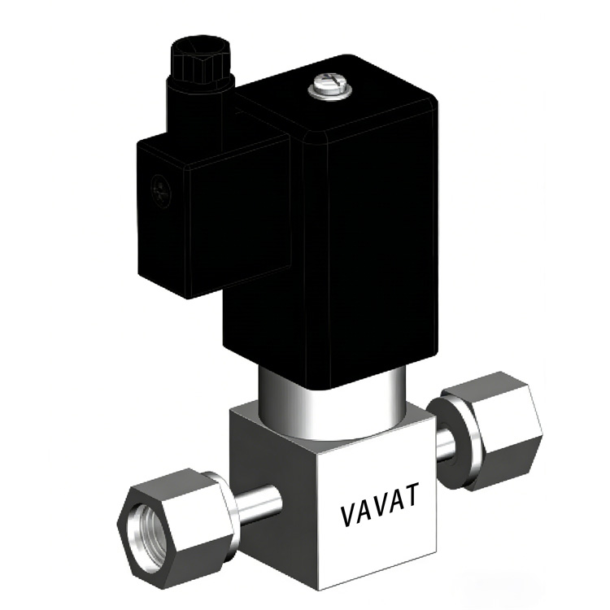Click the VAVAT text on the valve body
tap(379, 504)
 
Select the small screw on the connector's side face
tap(160, 192)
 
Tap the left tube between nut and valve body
tap(257, 505)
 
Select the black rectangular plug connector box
tap(214, 216)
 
